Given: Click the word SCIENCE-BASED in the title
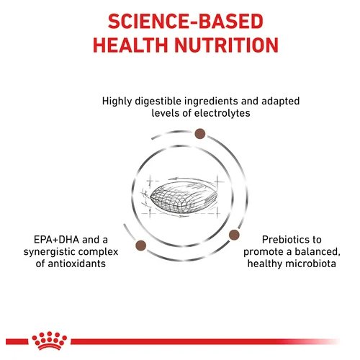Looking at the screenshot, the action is pos(186,22).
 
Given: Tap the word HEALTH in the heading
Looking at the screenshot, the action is pos(130,45).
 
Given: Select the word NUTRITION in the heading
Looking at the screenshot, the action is pos(226,45).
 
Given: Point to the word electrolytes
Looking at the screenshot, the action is pos(222,113).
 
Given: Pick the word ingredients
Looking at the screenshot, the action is pos(212,102).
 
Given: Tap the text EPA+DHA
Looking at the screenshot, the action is pos(56,240).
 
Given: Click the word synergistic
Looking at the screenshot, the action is pos(49,252).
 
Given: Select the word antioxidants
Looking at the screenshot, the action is pos(77,264).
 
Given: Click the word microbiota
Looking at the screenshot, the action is pos(310,264).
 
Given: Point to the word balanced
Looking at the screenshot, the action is pos(318,252).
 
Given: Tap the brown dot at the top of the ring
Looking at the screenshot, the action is pos(200,134).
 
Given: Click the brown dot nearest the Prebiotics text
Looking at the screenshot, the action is pos(234,235).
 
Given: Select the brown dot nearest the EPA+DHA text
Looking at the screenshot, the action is pos(141,246).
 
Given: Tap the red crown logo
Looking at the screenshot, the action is pos(49,341).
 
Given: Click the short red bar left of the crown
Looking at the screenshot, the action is pos(17,341).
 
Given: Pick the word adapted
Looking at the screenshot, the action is pos(281,102).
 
